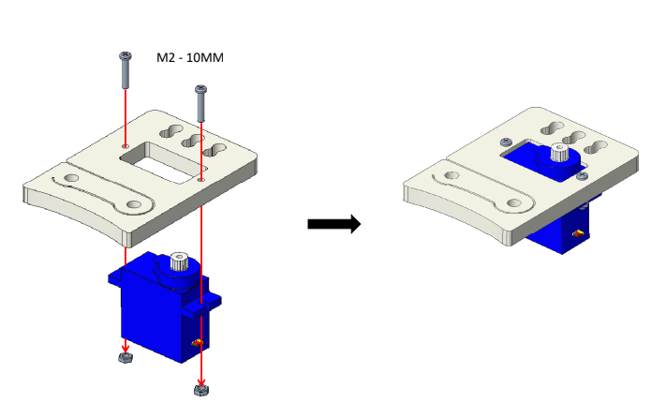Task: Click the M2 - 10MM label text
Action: click(x=190, y=57)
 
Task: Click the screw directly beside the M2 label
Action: click(x=125, y=70)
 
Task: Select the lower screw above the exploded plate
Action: click(x=200, y=103)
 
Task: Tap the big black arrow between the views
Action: click(x=334, y=223)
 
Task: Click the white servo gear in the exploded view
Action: click(x=180, y=261)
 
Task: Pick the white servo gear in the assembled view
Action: click(x=560, y=152)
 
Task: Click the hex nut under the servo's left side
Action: click(x=125, y=358)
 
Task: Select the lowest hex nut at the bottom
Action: click(x=200, y=390)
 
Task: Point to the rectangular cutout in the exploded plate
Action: click(x=162, y=162)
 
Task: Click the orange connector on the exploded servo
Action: click(x=197, y=342)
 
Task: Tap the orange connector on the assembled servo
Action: click(x=578, y=233)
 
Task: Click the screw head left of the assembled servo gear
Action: click(x=506, y=142)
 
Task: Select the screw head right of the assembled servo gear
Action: click(x=582, y=175)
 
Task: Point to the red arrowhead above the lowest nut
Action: click(x=200, y=382)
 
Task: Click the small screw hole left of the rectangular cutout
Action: click(x=125, y=145)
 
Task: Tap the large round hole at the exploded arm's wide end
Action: click(x=134, y=204)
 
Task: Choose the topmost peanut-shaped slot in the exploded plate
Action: click(x=171, y=131)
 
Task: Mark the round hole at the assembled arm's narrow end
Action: click(x=451, y=175)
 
